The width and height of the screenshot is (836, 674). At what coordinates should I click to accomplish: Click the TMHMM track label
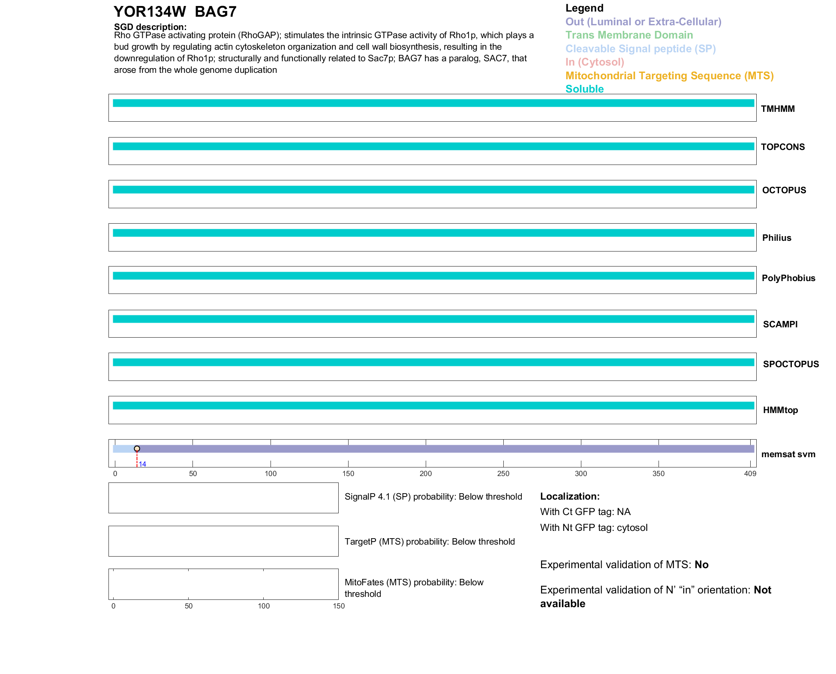coord(777,109)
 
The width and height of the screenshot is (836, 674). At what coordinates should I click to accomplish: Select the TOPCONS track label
coord(782,147)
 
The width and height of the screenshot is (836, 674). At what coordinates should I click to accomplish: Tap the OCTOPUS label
coord(784,190)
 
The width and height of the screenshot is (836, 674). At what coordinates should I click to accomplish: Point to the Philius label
coord(776,238)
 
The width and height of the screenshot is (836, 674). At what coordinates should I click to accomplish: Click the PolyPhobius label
coord(788,278)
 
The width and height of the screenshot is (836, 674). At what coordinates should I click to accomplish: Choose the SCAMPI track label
coord(780,324)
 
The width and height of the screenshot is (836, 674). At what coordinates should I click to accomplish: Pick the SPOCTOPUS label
coord(791,364)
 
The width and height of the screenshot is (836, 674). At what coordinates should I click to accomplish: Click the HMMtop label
coord(780,410)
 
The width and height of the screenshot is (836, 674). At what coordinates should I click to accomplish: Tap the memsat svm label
coord(788,454)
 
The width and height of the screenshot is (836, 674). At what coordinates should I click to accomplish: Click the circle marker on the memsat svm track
coord(137,449)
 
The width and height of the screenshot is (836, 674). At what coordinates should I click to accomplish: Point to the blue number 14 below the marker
coord(142,464)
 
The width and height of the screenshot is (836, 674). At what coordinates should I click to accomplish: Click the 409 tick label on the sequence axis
coord(750,473)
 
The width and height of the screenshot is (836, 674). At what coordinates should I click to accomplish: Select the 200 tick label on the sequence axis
coord(425,473)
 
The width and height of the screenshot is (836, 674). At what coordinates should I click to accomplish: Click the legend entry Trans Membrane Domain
coord(629,35)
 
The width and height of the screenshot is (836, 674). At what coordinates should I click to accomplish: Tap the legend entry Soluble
coord(584,89)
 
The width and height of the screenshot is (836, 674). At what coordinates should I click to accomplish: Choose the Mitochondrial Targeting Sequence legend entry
coord(669,76)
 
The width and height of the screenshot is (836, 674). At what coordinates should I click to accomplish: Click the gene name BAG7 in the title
coord(215,12)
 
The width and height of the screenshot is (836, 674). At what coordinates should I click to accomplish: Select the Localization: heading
coord(569,496)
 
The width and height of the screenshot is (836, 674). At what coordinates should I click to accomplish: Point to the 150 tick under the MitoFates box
coord(339,606)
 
